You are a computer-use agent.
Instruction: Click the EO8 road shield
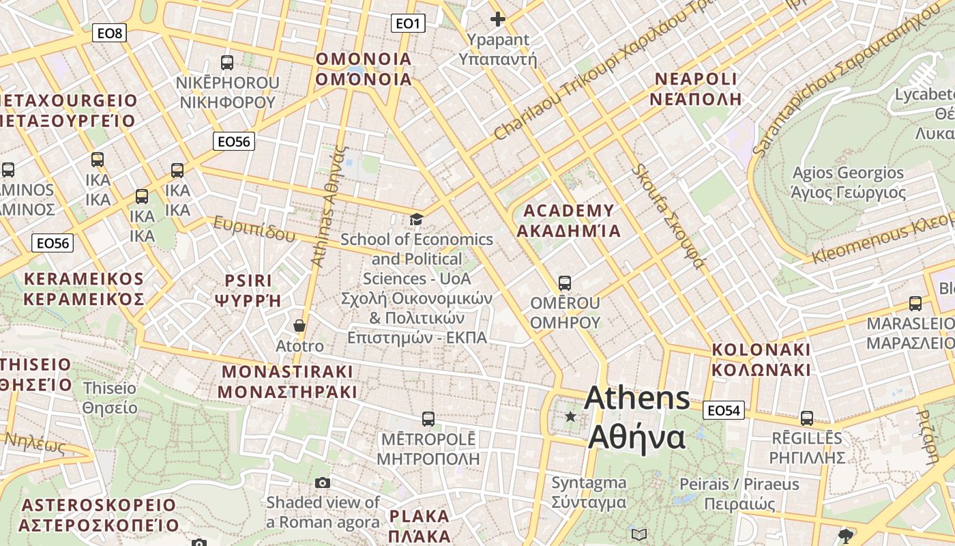pos(110,33)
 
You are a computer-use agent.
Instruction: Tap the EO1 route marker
pos(409,24)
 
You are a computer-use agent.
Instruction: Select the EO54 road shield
pos(724,410)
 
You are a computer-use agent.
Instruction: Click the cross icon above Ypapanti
pos(498,19)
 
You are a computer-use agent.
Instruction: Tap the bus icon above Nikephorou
pos(227,63)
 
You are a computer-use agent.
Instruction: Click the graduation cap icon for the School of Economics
pos(416,219)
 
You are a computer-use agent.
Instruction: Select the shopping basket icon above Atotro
pos(299,326)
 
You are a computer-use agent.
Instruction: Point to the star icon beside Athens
pos(570,416)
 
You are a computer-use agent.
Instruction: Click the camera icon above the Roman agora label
pos(323,483)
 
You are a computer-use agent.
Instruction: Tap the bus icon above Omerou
pos(564,283)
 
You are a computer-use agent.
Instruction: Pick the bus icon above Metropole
pos(428,419)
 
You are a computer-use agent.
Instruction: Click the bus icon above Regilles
pos(807,418)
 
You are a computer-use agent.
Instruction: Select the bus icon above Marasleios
pos(915,304)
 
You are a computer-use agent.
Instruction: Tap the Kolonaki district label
pos(761,360)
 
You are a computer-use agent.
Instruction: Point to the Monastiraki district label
pos(287,382)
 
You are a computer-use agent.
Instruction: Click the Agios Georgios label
pos(848,183)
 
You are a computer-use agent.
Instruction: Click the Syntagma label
pos(589,492)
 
